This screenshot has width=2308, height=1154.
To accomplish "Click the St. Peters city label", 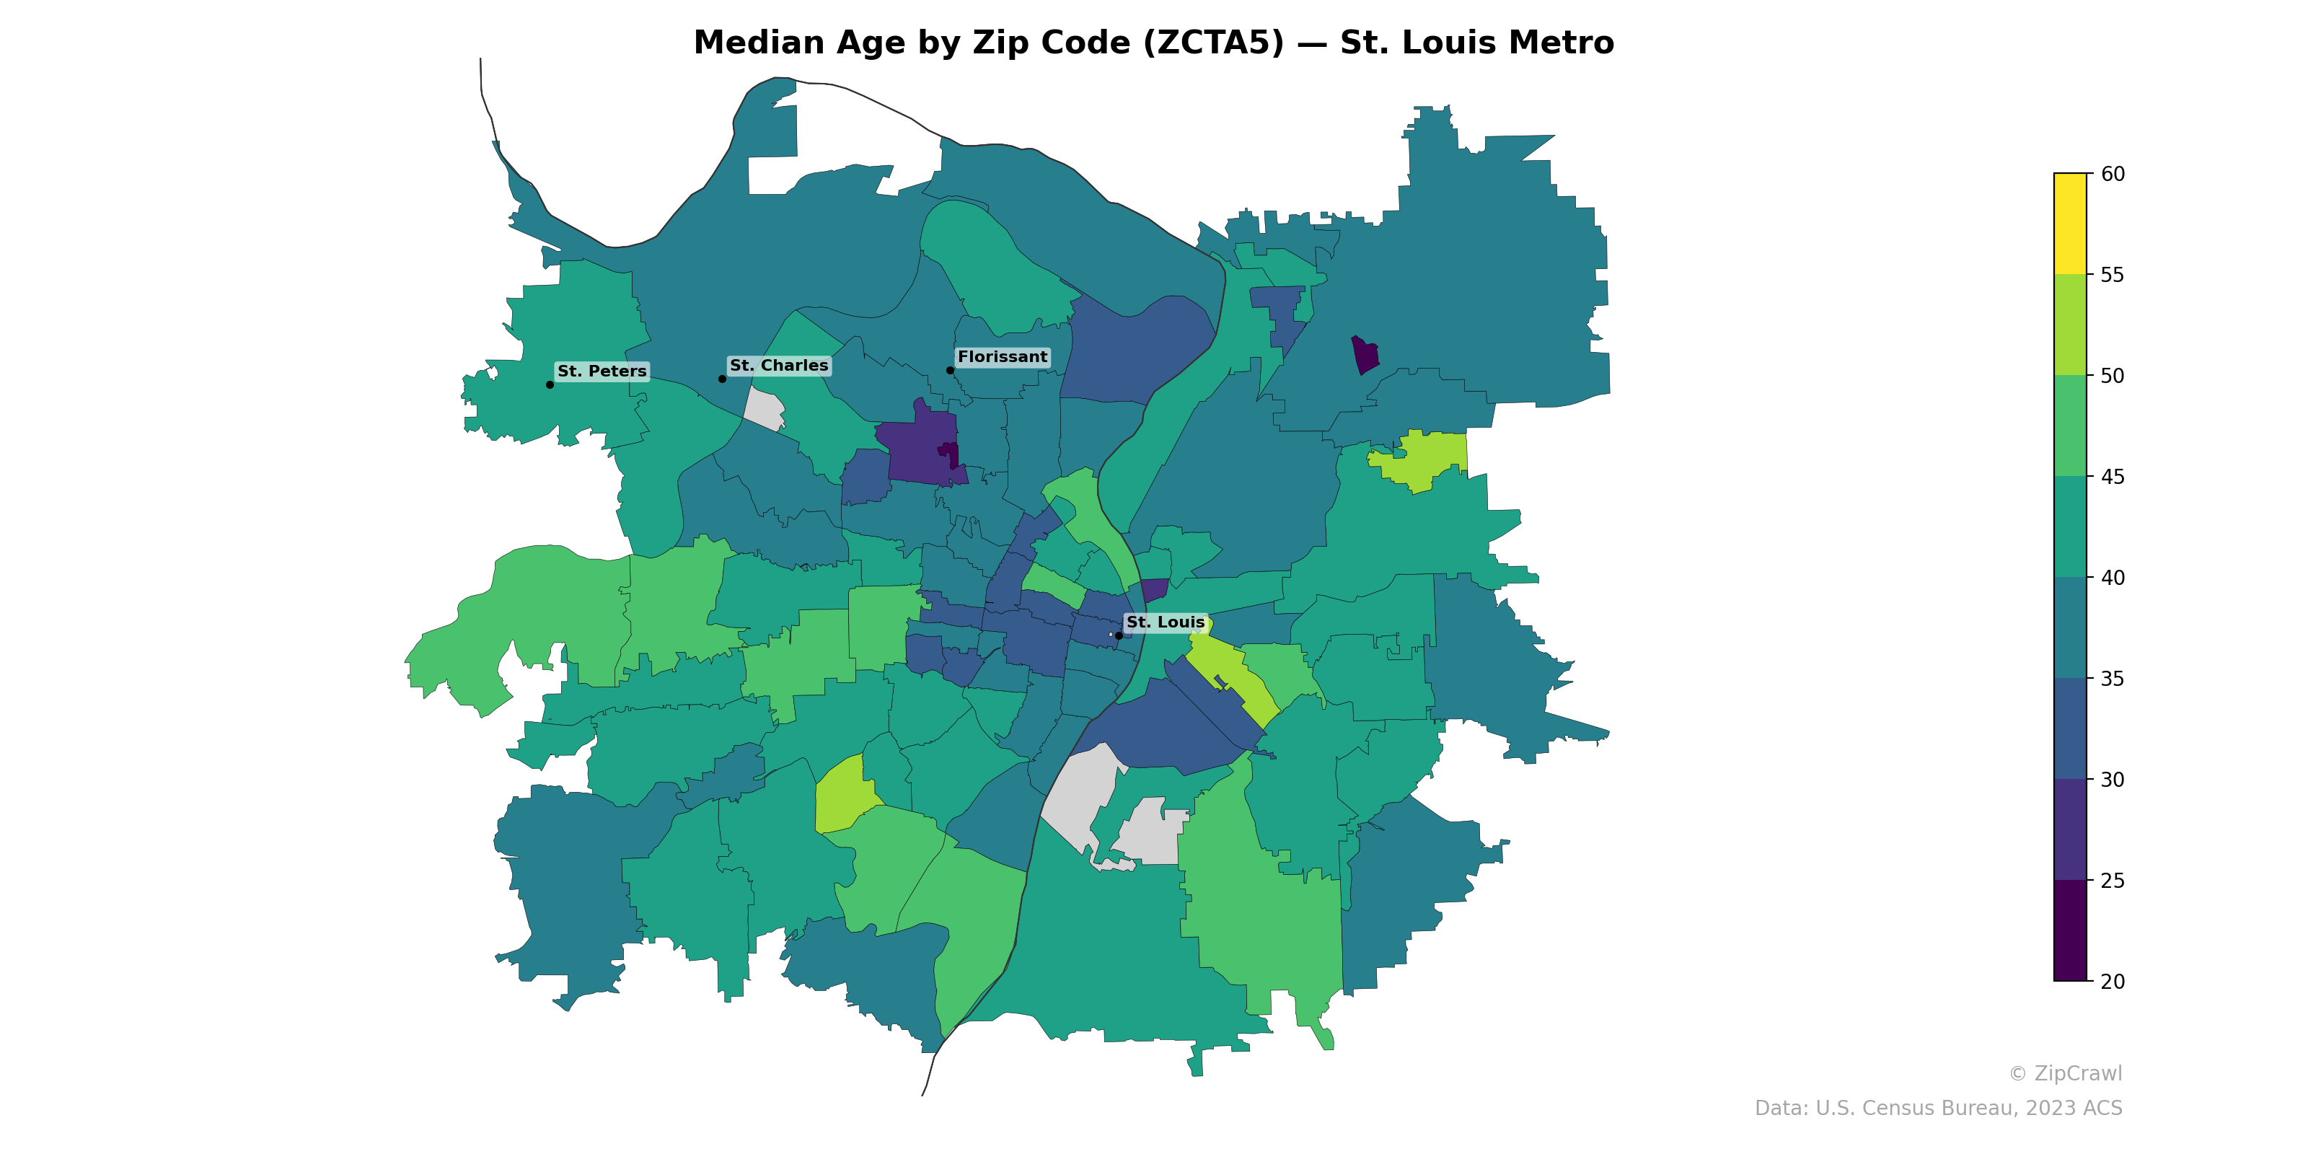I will pyautogui.click(x=602, y=371).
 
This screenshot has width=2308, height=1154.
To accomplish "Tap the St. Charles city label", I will pyautogui.click(x=779, y=366).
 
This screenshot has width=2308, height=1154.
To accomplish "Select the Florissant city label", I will pyautogui.click(x=1002, y=356).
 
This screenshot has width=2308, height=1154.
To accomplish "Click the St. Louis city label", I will pyautogui.click(x=1165, y=622).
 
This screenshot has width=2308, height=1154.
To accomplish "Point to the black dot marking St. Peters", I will pyautogui.click(x=549, y=384).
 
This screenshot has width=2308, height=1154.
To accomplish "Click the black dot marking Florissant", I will pyautogui.click(x=950, y=370).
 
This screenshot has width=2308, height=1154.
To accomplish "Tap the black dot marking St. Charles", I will pyautogui.click(x=722, y=379).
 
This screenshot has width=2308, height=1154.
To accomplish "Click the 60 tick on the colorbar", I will pyautogui.click(x=2112, y=174).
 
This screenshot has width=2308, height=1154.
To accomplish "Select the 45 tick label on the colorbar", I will pyautogui.click(x=2112, y=477).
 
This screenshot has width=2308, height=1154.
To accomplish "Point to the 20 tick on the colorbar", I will pyautogui.click(x=2112, y=981).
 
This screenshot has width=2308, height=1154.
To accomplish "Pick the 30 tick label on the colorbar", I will pyautogui.click(x=2112, y=780).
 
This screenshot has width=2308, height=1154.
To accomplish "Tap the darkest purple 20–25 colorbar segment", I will pyautogui.click(x=2070, y=930).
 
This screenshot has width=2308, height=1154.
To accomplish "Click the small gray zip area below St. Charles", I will pyautogui.click(x=765, y=410).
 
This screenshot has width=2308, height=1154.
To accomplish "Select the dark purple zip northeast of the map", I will pyautogui.click(x=1365, y=355).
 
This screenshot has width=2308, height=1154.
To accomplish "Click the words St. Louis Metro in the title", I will pyautogui.click(x=1476, y=43).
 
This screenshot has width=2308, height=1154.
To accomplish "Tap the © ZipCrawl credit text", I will pyautogui.click(x=2064, y=1073).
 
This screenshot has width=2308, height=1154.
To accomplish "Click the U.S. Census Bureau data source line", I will pyautogui.click(x=1937, y=1109).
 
